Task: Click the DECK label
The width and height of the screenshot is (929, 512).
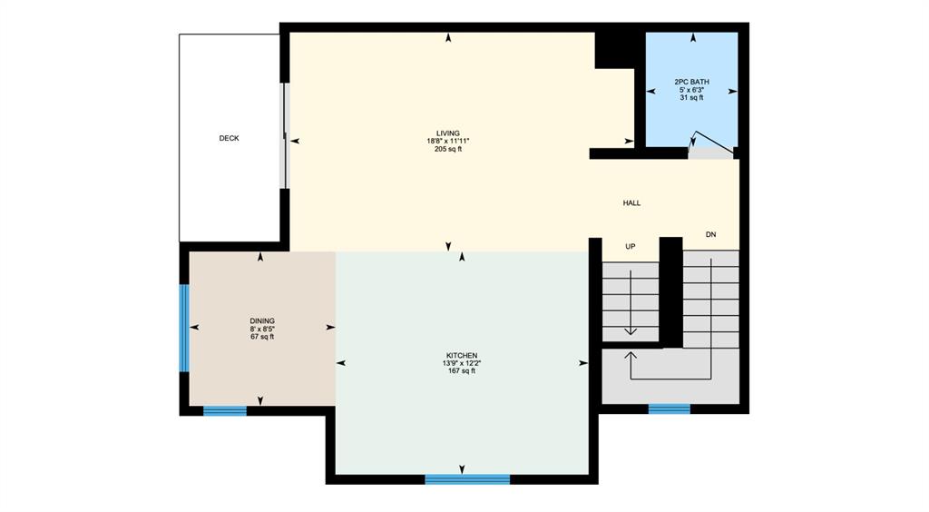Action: coord(229,138)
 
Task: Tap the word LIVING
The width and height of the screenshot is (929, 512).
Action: coord(448,133)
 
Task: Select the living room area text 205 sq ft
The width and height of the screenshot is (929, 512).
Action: coord(448,149)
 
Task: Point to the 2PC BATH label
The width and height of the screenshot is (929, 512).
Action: coord(691,82)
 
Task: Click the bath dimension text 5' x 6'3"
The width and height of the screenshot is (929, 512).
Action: coord(691,90)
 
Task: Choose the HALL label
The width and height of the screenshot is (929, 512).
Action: coord(631,202)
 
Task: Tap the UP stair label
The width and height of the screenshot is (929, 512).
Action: coord(631,247)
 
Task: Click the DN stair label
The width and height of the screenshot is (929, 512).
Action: coord(711,234)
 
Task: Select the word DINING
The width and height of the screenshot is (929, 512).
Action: coord(262,321)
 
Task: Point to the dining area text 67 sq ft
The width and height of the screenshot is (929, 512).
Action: coord(262,337)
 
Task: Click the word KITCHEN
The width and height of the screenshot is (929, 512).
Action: coord(462,356)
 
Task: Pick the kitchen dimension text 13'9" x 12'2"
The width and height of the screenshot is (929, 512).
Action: coord(462,363)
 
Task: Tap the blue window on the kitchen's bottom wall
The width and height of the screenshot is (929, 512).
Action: coord(467,479)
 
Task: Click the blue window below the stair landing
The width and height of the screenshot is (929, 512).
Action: coord(670,409)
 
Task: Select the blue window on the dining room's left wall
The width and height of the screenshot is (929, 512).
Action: coord(184,329)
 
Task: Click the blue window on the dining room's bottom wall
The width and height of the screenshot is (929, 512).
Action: coord(225,410)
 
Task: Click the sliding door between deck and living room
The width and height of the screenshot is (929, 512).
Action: coord(285,135)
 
